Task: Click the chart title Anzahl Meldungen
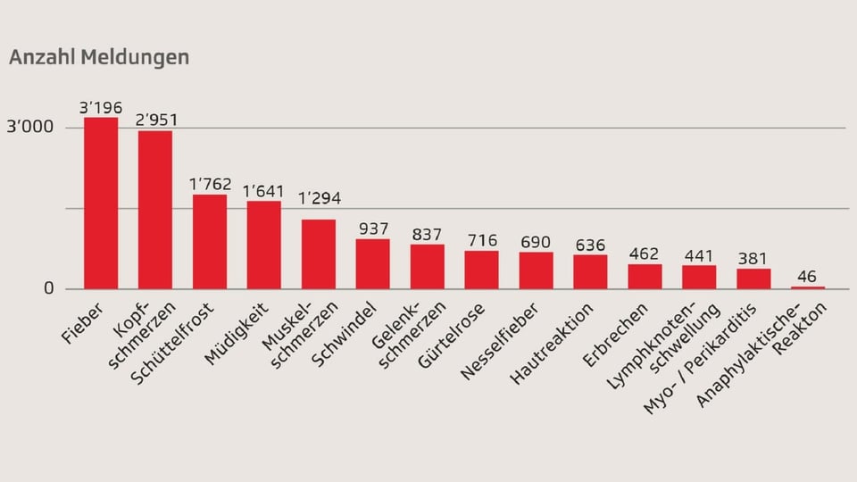pyautogui.click(x=99, y=57)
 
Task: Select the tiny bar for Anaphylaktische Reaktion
pyautogui.click(x=808, y=287)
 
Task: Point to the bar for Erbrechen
pyautogui.click(x=645, y=276)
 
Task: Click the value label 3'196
pyautogui.click(x=101, y=108)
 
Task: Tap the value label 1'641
pyautogui.click(x=263, y=190)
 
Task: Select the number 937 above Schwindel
pyautogui.click(x=372, y=229)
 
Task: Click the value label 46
pyautogui.click(x=808, y=276)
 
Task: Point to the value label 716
pyautogui.click(x=481, y=240)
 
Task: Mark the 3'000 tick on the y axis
pyautogui.click(x=30, y=128)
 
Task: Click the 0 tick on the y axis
pyautogui.click(x=48, y=288)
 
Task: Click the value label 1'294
pyautogui.click(x=319, y=198)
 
